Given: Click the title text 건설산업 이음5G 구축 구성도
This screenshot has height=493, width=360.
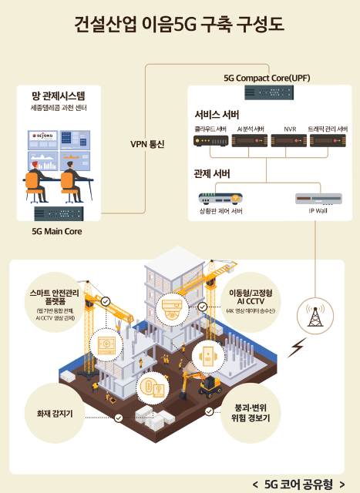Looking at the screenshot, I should point(179,25).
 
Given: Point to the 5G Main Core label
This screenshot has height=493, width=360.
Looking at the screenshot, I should point(57,230).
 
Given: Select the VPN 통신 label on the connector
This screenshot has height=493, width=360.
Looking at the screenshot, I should point(147,144).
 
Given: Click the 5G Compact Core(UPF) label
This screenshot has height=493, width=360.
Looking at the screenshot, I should point(266,78).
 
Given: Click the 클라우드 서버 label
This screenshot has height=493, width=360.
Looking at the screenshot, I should point(210,129).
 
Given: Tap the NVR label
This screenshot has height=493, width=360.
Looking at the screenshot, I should point(290,129).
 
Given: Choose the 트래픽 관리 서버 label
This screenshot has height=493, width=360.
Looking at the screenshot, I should point(328,129).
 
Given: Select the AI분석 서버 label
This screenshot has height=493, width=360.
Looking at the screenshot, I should point(251,129).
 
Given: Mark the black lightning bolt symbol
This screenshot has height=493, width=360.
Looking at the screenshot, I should point(295,350).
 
